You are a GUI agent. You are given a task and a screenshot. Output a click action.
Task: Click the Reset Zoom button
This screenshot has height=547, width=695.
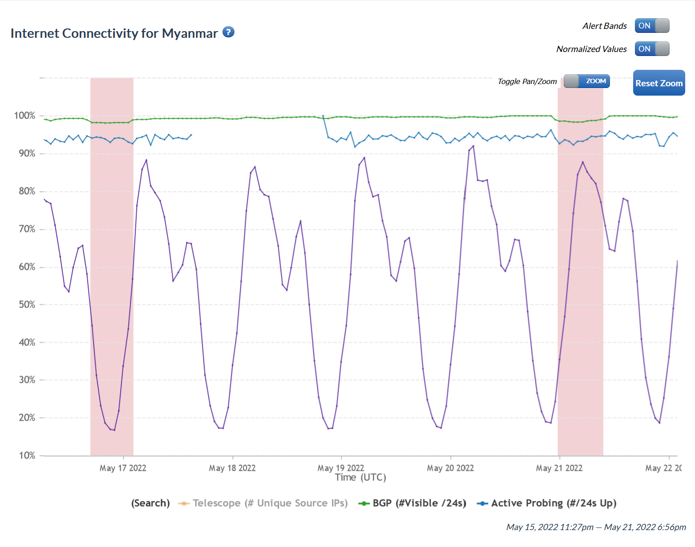659,83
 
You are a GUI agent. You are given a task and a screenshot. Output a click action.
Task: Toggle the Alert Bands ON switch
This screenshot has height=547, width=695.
652,26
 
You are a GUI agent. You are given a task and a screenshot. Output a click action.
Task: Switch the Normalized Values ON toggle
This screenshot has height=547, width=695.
652,49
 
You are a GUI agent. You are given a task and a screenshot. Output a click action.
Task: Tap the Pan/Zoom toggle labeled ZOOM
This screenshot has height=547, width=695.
586,81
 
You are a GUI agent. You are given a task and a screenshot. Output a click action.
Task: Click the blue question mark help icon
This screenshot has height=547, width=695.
228,32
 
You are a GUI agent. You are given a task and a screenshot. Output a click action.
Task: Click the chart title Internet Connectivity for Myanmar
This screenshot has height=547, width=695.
114,33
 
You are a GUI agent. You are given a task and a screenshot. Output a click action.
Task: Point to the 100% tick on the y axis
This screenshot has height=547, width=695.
24,116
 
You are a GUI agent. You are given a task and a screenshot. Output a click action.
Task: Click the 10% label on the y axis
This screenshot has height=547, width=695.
26,455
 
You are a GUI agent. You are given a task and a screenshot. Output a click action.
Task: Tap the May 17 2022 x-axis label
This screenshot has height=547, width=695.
123,468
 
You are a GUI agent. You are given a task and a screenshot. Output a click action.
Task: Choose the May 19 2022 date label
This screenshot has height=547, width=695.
341,468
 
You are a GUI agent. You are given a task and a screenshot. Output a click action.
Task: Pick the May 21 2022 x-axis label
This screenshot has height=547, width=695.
559,468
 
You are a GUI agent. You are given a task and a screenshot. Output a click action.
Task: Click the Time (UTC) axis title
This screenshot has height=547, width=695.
360,478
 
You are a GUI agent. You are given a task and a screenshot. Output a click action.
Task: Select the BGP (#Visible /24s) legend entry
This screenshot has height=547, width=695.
412,503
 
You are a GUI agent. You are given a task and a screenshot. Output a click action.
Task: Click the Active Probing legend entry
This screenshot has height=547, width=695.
547,503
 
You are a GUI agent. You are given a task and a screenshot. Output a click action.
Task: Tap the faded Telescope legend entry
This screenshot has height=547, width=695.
263,503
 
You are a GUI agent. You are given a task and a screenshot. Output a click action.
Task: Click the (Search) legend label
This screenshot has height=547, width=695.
150,503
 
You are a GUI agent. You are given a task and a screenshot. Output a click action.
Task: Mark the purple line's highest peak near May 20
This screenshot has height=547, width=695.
473,146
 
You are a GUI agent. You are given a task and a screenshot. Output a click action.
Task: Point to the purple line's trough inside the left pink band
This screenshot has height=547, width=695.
114,430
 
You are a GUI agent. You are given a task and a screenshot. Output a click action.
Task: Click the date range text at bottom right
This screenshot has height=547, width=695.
596,527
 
